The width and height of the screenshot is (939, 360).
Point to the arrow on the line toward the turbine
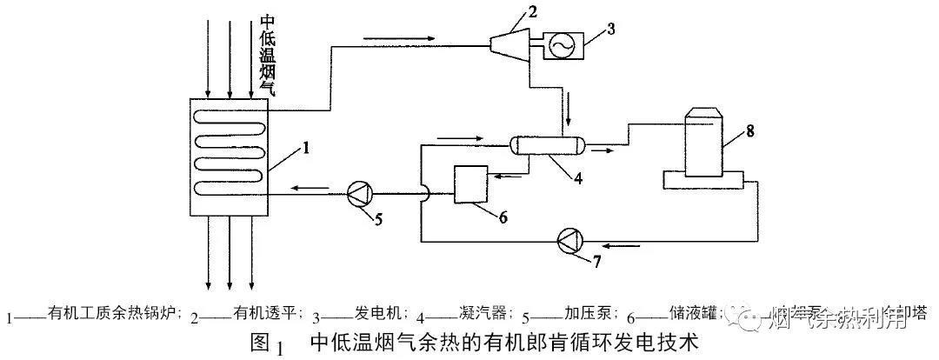coord(395,38)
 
